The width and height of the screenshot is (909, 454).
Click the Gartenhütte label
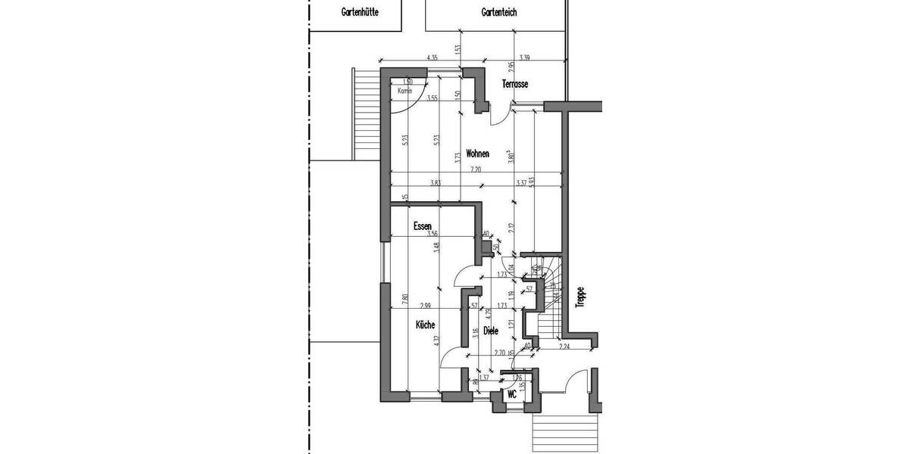pos(361,12)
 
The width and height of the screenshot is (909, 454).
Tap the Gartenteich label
pos(499,12)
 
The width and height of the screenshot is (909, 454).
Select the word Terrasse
pos(514,84)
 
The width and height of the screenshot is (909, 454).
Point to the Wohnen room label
pos(477,154)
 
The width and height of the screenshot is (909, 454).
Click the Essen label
pos(423,226)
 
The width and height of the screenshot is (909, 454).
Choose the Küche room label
pos(425,325)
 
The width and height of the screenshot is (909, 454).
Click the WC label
pos(512,394)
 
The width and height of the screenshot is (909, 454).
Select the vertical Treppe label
pos(580,296)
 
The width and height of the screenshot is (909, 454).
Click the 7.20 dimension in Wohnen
pos(475,169)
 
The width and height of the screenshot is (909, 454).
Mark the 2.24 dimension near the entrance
pos(564,347)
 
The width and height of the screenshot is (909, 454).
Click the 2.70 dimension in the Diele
pos(499,353)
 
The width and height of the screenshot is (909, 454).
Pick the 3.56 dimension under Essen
pos(433,235)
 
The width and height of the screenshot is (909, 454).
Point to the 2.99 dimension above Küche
pos(427,305)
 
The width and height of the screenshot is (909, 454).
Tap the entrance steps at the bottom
pos(567,432)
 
